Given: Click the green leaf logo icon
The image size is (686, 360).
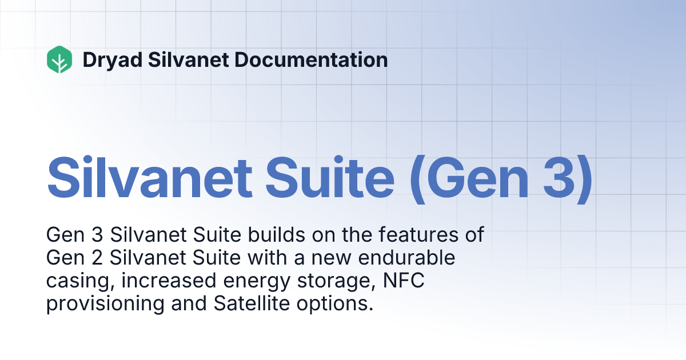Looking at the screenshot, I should coord(59,59).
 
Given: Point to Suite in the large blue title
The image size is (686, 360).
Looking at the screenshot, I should coord(338,177).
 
